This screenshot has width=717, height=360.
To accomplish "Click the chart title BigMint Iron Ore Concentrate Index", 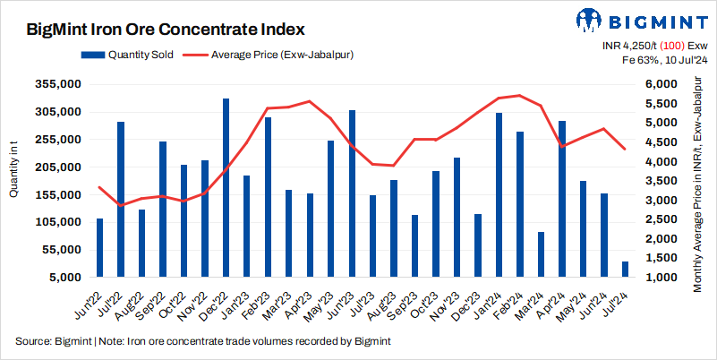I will [x=166, y=30].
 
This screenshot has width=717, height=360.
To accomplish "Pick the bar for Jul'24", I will [x=624, y=269].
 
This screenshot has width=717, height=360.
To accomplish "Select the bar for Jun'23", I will [x=352, y=193].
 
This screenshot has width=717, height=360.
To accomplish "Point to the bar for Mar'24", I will [x=541, y=254].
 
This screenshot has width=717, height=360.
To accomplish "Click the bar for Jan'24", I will [x=499, y=194].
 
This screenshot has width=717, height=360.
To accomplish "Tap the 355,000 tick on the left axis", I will [x=57, y=84].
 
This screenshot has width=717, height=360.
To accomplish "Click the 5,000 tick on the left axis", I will [x=64, y=277].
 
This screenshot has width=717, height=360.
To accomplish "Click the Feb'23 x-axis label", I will [x=259, y=305].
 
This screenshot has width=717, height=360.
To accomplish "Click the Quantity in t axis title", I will [x=14, y=178].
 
